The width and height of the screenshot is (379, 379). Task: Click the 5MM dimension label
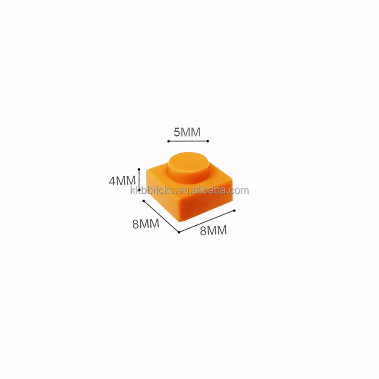(187, 132)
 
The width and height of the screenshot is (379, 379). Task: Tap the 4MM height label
(122, 181)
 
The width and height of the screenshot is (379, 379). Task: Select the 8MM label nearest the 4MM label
(146, 224)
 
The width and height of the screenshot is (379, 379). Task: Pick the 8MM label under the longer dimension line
(213, 230)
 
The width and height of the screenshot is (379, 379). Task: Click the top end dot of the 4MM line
(139, 169)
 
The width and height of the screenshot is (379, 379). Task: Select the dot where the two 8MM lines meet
(179, 232)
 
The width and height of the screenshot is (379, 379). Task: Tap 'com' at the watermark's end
(240, 190)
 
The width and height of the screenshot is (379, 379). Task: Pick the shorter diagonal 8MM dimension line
(161, 216)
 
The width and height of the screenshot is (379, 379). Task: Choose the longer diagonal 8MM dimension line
(206, 221)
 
